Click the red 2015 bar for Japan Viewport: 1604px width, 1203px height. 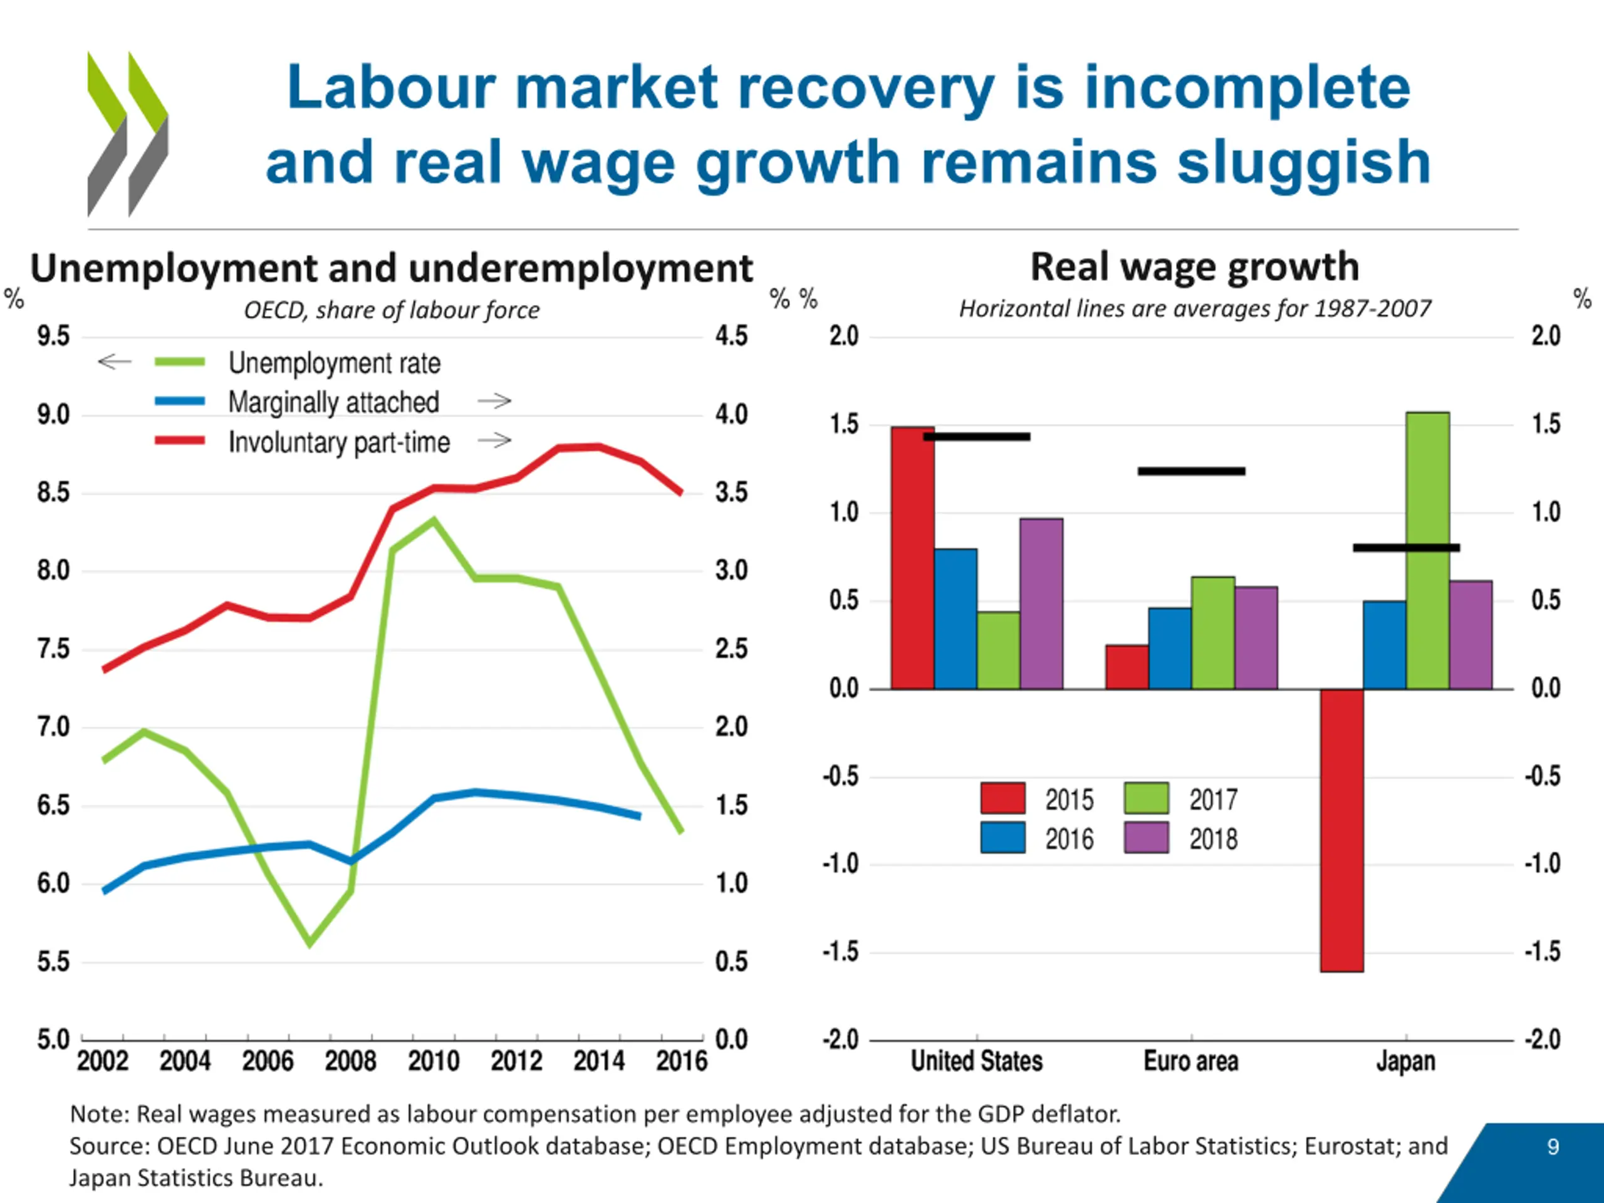[1341, 830]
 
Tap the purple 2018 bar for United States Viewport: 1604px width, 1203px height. [1041, 603]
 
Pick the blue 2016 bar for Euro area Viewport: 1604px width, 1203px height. [1170, 648]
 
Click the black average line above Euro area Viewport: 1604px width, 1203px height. [1191, 471]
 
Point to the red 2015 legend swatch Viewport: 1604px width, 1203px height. [1003, 798]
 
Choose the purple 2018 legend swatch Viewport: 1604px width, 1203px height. [1147, 838]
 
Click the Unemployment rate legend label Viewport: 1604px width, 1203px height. [335, 363]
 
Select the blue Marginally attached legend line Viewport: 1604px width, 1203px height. [180, 401]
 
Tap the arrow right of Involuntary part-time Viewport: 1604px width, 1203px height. [494, 439]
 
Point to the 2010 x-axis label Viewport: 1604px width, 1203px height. [434, 1061]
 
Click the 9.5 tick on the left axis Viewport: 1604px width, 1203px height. [54, 336]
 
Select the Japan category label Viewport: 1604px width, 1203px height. [1406, 1061]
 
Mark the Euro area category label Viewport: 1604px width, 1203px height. [1190, 1061]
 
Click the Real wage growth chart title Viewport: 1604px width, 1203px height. [1195, 267]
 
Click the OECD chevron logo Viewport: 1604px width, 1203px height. [128, 134]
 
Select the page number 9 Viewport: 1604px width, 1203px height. [1553, 1147]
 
